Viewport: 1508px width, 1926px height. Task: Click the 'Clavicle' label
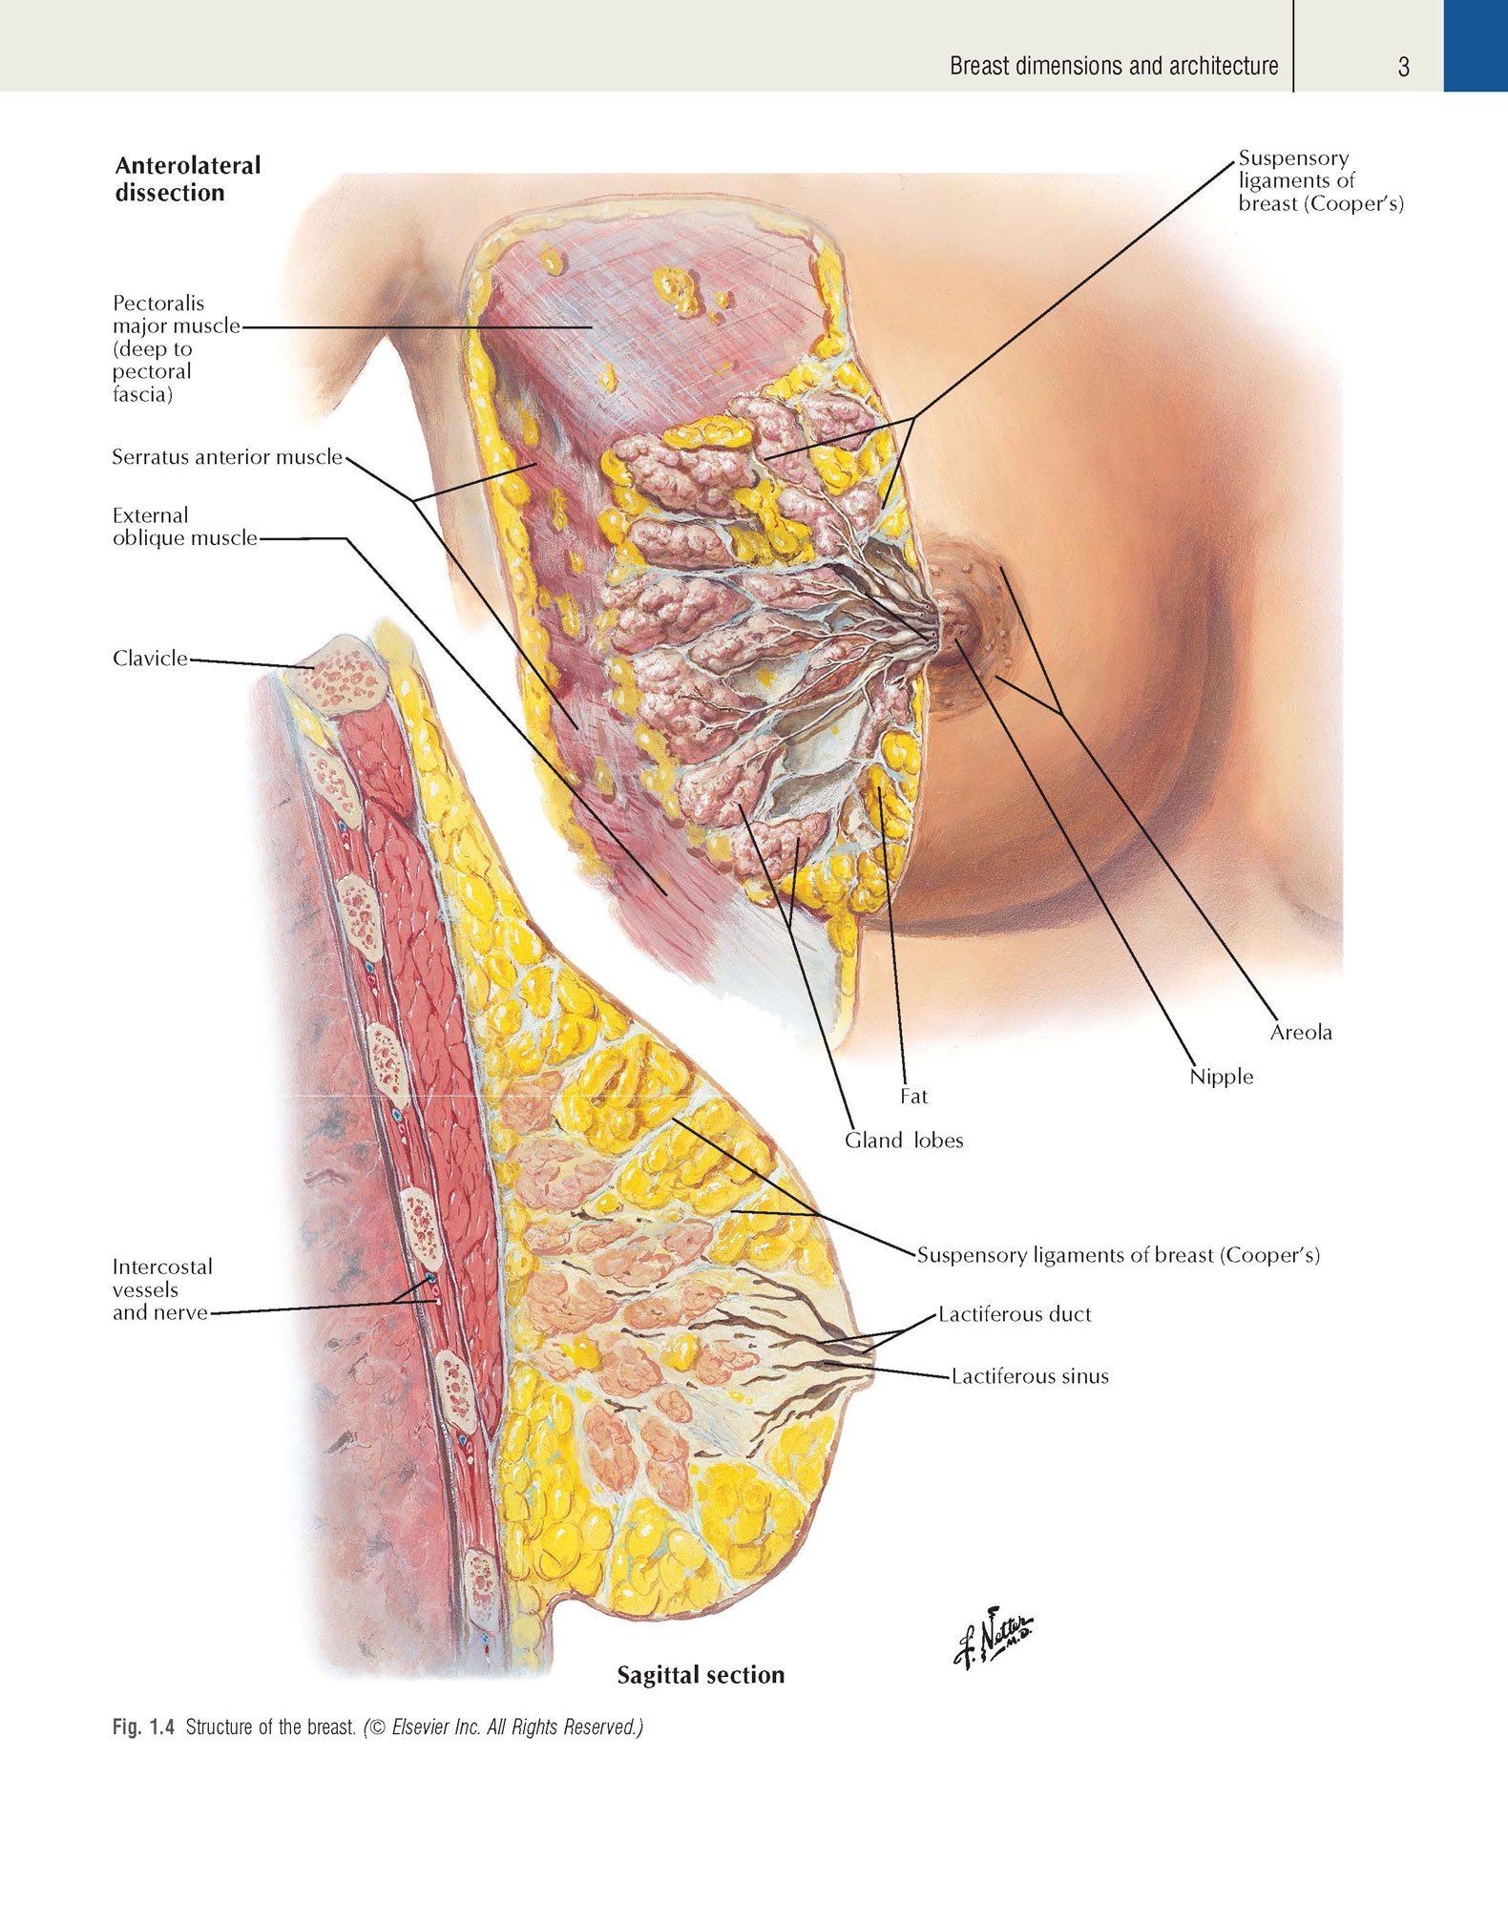[x=150, y=658]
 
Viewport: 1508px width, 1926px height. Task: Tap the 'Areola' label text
[x=1301, y=1032]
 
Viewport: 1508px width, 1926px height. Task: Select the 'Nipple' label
[x=1221, y=1077]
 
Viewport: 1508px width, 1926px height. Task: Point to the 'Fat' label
[x=913, y=1097]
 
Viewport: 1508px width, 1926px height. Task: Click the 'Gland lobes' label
[x=904, y=1140]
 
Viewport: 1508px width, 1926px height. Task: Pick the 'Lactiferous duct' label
[x=1015, y=1314]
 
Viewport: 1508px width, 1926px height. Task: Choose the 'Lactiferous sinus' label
[x=1030, y=1376]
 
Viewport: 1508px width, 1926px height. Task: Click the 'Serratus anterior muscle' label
[x=227, y=456]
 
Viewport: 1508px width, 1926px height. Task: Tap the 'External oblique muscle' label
[x=185, y=527]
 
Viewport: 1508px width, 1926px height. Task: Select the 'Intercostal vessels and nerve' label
[x=162, y=1289]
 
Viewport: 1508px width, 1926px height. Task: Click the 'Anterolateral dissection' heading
[x=188, y=178]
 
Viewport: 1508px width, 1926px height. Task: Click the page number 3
[x=1403, y=67]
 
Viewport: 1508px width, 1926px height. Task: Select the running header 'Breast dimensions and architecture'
[x=1114, y=66]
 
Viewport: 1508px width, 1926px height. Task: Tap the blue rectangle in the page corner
[x=1476, y=46]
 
